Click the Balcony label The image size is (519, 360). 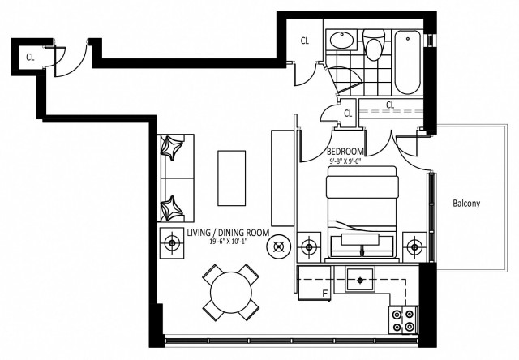[x=466, y=204]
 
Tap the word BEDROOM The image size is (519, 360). [x=345, y=152]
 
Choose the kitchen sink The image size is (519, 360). [x=359, y=281]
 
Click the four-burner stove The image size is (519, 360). [x=403, y=318]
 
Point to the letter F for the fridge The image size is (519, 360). [x=324, y=293]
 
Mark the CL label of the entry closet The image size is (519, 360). [x=30, y=57]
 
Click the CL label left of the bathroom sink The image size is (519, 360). [x=305, y=41]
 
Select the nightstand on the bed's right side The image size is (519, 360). [x=415, y=246]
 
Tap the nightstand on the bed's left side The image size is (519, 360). [x=309, y=246]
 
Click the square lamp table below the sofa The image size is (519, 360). [x=173, y=242]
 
